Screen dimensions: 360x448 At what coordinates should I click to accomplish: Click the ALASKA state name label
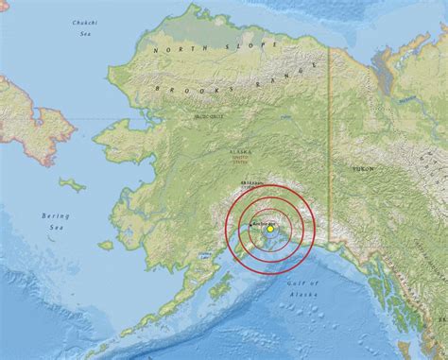click(x=241, y=151)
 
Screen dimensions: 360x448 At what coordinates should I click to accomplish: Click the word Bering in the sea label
click(x=56, y=216)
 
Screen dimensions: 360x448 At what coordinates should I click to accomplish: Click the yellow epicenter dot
click(x=269, y=228)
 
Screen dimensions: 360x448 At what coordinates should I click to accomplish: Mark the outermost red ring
click(x=225, y=227)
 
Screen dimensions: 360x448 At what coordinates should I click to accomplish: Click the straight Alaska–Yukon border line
click(x=329, y=142)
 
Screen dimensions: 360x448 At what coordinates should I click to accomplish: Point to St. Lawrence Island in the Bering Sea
click(x=72, y=184)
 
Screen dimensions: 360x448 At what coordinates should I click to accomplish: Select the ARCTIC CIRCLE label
click(x=209, y=116)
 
